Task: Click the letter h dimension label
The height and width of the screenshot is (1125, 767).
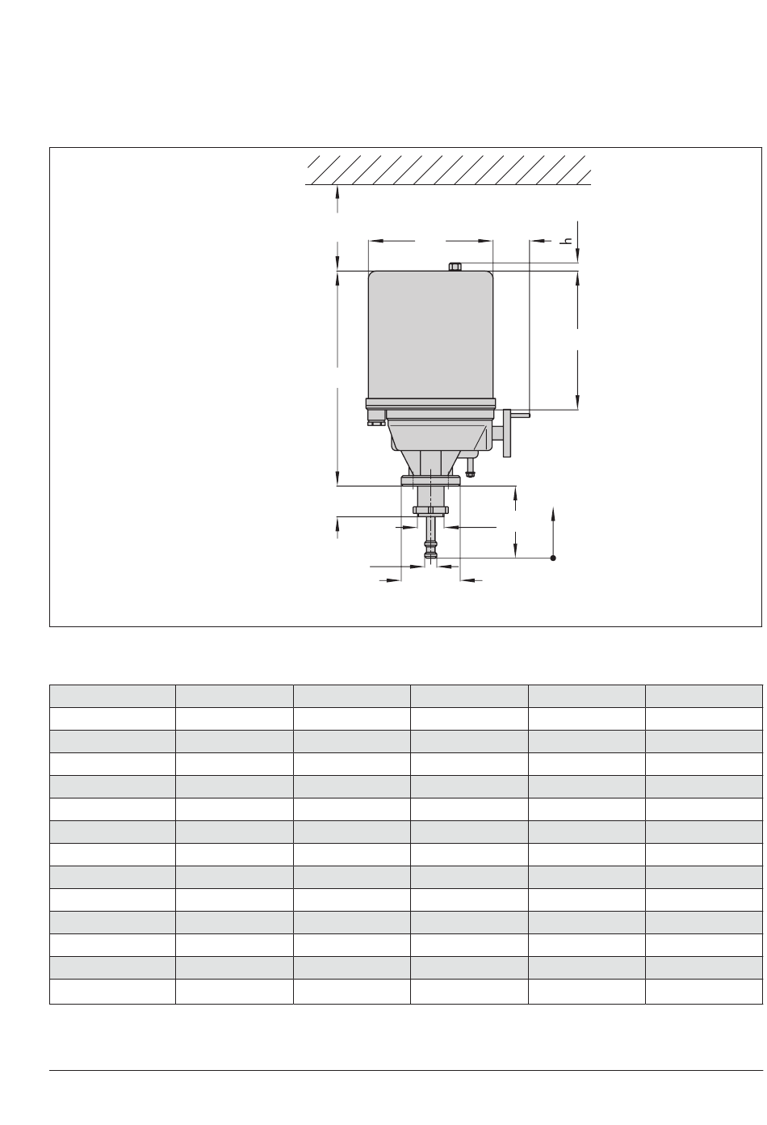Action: point(568,241)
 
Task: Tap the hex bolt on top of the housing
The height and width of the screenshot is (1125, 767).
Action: point(455,267)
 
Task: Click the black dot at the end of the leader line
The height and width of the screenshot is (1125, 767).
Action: point(553,558)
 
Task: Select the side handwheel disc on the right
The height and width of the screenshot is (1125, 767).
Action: point(507,433)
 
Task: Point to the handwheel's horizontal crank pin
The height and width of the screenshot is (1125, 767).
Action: point(520,415)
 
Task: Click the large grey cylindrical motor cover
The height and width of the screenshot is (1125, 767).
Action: point(430,335)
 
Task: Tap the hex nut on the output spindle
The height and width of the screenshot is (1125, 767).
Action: point(430,510)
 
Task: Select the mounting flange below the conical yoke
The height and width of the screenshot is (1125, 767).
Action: point(430,481)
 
